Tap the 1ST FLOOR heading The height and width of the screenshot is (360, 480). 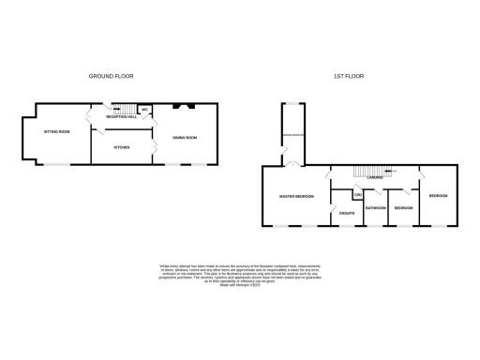(348, 75)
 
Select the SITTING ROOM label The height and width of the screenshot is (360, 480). (57, 132)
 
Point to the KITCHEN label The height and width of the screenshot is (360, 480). (122, 147)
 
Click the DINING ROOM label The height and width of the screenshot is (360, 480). (184, 138)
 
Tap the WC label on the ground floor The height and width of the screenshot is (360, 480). (145, 111)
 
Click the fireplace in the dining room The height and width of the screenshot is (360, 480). (186, 106)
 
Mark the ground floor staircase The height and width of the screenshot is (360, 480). (121, 110)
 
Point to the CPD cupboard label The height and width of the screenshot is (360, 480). (357, 195)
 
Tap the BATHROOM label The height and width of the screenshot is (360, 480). (376, 207)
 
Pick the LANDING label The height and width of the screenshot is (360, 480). (373, 177)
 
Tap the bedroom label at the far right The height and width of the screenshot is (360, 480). (438, 196)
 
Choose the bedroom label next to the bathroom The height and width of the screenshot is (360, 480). (404, 207)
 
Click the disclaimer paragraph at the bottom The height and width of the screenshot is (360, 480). (239, 275)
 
